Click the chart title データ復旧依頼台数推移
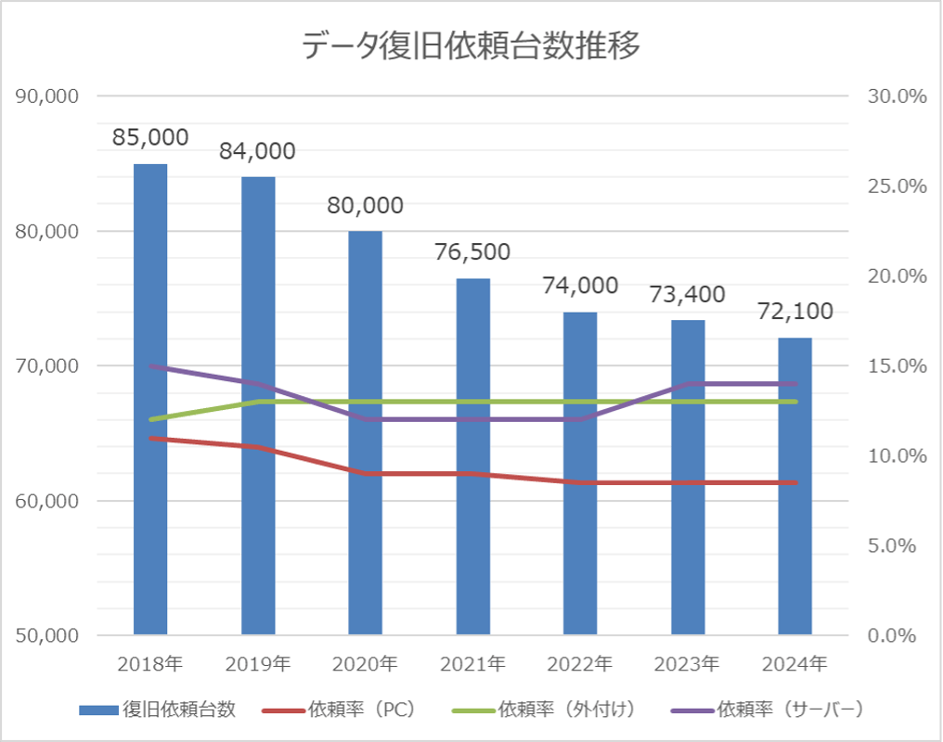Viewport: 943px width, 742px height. pyautogui.click(x=471, y=45)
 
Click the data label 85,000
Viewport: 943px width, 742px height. pyautogui.click(x=150, y=137)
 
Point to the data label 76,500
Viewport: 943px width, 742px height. pyautogui.click(x=473, y=251)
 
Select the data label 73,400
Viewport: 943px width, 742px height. pyautogui.click(x=688, y=294)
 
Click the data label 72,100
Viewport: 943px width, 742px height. pyautogui.click(x=795, y=311)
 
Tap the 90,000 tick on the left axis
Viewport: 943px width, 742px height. pyautogui.click(x=48, y=96)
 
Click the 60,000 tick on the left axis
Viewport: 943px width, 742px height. pyautogui.click(x=48, y=501)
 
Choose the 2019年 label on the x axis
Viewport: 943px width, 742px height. pyautogui.click(x=258, y=664)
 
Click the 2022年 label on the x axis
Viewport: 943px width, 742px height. pyautogui.click(x=580, y=664)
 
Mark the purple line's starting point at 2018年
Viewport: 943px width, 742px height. pyautogui.click(x=150, y=366)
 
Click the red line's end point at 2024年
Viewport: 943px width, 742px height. pyautogui.click(x=795, y=482)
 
